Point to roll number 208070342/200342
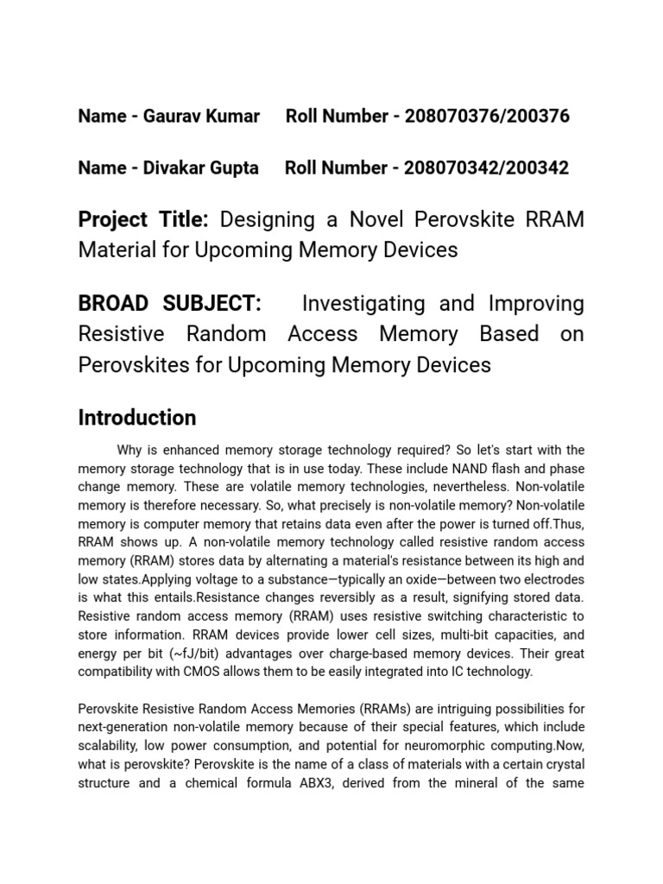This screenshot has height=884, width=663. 481,167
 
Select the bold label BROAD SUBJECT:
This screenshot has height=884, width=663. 169,304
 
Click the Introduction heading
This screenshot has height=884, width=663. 137,418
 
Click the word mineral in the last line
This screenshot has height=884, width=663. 492,783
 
